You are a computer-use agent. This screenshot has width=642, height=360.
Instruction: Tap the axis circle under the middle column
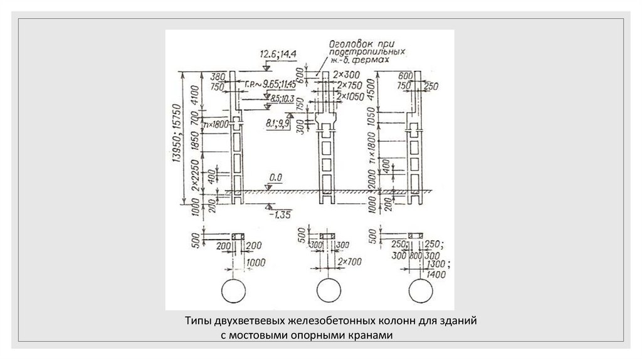[x=328, y=290]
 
